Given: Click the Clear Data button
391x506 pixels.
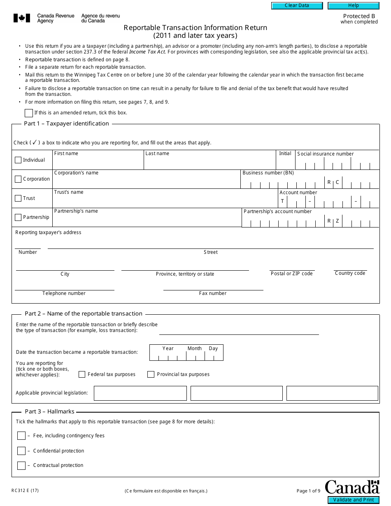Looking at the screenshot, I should [x=297, y=6].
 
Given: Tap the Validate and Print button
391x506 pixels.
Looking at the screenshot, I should [x=354, y=500].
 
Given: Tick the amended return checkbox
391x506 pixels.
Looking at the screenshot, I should [x=29, y=113].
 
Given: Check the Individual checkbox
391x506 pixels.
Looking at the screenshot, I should [x=18, y=160].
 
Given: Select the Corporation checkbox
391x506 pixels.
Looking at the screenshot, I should [x=18, y=179].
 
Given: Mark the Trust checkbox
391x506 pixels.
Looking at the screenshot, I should [x=18, y=198].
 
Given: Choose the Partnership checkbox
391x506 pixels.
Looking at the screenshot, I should [x=18, y=217].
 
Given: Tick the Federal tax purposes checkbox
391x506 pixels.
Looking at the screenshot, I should [x=82, y=374].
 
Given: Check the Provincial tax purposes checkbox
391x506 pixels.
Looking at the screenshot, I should [x=151, y=374].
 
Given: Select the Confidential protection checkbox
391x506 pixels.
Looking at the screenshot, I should [x=21, y=451].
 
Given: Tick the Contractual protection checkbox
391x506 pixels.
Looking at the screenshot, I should [x=21, y=466].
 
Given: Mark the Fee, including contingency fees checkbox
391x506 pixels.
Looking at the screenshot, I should [x=21, y=436].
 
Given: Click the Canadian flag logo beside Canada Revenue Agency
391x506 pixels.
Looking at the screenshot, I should [x=22, y=18].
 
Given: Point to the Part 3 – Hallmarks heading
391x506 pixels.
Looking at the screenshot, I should [x=49, y=411].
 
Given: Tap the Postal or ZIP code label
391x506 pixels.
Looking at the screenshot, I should [x=291, y=274].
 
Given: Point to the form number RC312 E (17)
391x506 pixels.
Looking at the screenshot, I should [x=26, y=490].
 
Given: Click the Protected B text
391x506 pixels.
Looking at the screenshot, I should [x=359, y=16].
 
